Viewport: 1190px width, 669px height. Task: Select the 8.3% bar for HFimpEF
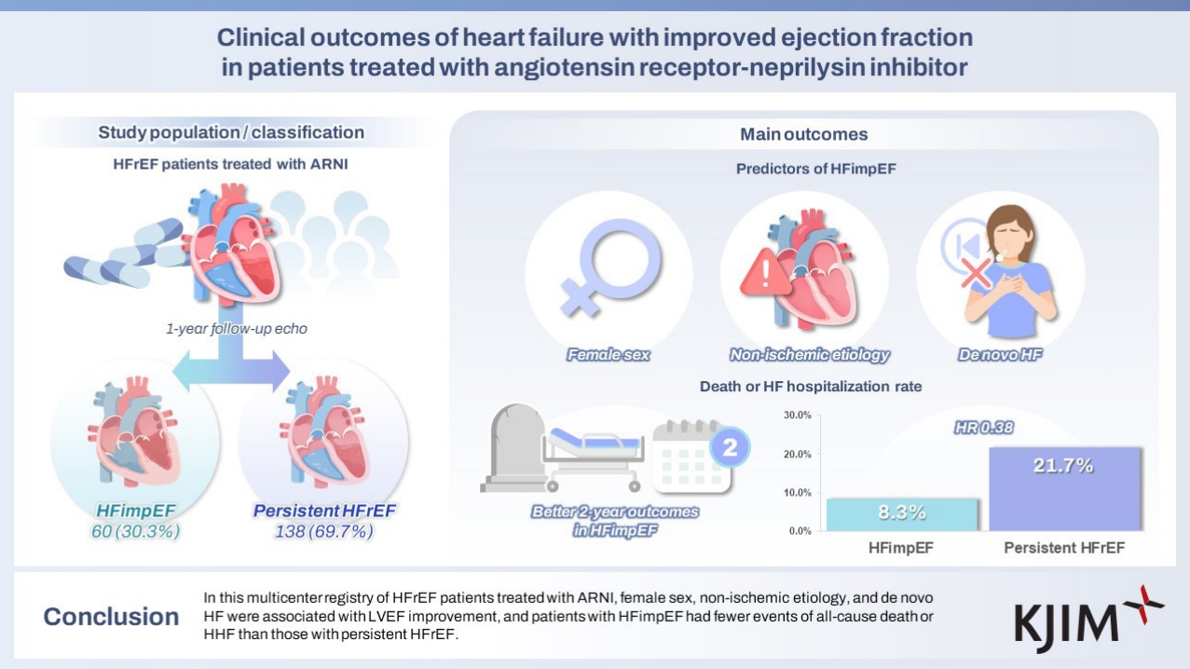coord(902,514)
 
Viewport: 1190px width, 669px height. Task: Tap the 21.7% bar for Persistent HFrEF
coord(1064,489)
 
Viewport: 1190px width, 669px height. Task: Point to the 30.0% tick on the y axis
coord(798,415)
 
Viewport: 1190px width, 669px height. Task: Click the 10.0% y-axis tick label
coord(798,493)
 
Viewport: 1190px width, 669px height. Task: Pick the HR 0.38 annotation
coord(984,428)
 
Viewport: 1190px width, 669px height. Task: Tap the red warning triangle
coord(765,272)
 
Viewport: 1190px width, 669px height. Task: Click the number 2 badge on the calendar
coord(730,447)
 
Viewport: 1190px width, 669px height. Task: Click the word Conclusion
coord(111,617)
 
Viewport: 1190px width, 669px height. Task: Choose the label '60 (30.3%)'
coord(135,531)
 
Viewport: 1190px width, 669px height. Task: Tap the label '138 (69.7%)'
coord(324,531)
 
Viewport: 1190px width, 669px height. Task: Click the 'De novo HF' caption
coord(1000,354)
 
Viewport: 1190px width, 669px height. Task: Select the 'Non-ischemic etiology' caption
coord(809,354)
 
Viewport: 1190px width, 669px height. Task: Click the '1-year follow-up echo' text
coord(237,328)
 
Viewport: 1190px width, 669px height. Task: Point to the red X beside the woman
coord(976,273)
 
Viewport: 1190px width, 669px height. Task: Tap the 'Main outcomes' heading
coord(804,134)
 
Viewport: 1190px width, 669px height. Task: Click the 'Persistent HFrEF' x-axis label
coord(1064,548)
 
